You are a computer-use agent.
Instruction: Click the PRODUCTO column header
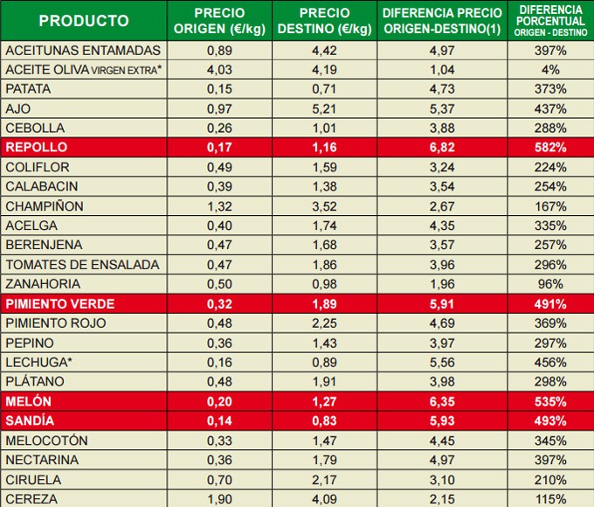pyautogui.click(x=84, y=21)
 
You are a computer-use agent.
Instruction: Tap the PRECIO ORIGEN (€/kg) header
pyautogui.click(x=219, y=21)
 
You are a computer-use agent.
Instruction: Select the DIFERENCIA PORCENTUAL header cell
pyautogui.click(x=550, y=21)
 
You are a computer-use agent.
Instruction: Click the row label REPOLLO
pyautogui.click(x=36, y=147)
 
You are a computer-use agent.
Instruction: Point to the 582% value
pyautogui.click(x=550, y=147)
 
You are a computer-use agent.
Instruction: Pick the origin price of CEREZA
pyautogui.click(x=219, y=499)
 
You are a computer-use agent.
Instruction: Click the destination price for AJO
pyautogui.click(x=324, y=108)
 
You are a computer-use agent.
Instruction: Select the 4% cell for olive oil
pyautogui.click(x=550, y=69)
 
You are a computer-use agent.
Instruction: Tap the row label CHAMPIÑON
pyautogui.click(x=45, y=206)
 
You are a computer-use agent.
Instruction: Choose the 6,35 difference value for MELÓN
pyautogui.click(x=442, y=401)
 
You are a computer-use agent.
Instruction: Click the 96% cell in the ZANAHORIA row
pyautogui.click(x=550, y=284)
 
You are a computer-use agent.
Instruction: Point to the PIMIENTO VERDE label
pyautogui.click(x=59, y=304)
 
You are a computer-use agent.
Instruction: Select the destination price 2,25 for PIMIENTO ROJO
pyautogui.click(x=324, y=323)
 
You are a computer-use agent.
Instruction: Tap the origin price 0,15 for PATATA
pyautogui.click(x=219, y=88)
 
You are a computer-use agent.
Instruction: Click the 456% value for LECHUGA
pyautogui.click(x=550, y=362)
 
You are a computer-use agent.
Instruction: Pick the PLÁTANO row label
pyautogui.click(x=35, y=381)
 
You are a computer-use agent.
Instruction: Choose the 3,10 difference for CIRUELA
pyautogui.click(x=442, y=479)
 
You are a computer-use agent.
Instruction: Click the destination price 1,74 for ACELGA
pyautogui.click(x=324, y=226)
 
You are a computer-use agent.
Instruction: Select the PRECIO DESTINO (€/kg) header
pyautogui.click(x=324, y=21)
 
